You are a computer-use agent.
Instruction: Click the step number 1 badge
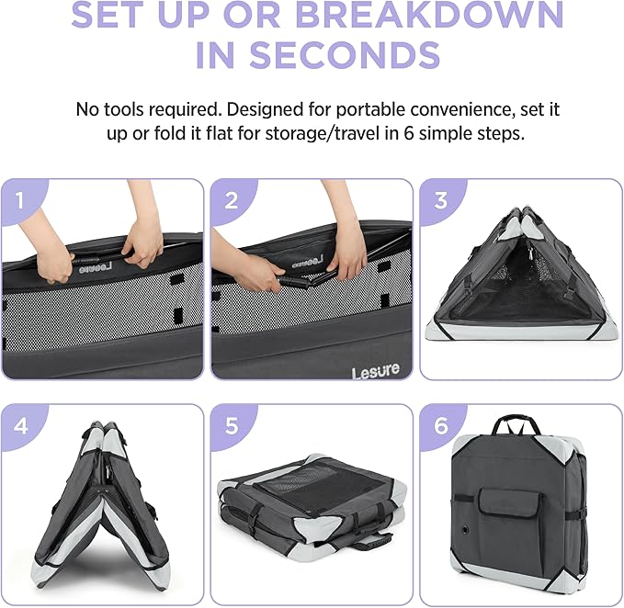20,200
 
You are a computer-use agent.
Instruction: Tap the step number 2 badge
232,200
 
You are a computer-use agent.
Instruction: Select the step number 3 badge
440,200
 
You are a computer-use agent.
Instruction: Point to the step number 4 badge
21,426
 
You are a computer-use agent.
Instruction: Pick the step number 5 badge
232,425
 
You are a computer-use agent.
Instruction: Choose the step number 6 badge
441,425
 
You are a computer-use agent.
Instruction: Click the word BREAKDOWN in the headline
430,14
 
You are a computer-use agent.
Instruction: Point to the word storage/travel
323,134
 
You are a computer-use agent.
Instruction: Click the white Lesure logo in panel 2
375,371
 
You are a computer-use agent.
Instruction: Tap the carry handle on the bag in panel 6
516,424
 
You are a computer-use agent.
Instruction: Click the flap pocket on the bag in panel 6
510,502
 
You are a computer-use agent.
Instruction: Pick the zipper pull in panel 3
530,253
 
